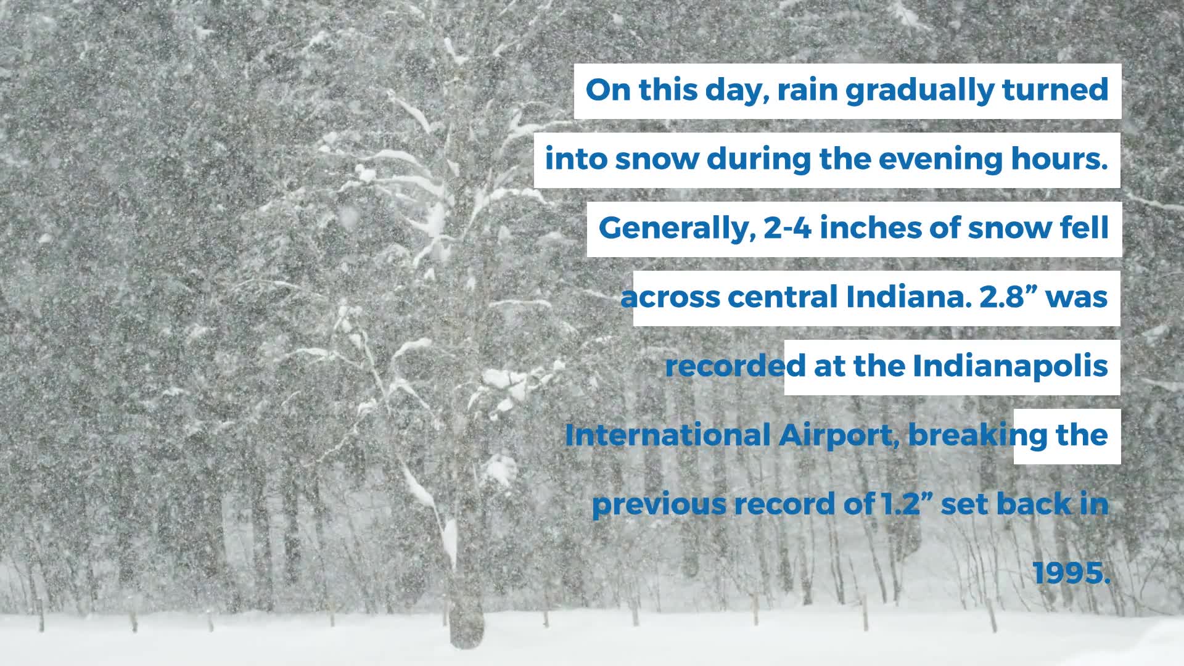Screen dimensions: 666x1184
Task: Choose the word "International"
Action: (x=667, y=435)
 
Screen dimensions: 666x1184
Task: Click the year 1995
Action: (x=1071, y=573)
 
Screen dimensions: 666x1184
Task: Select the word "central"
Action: (x=782, y=297)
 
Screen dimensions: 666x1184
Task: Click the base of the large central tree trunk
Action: (x=466, y=635)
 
